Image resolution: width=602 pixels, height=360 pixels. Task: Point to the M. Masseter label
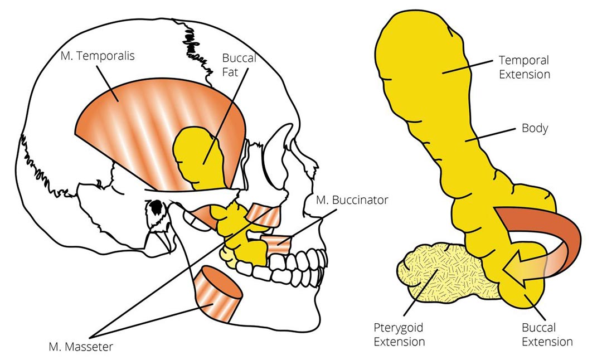click(x=81, y=347)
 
